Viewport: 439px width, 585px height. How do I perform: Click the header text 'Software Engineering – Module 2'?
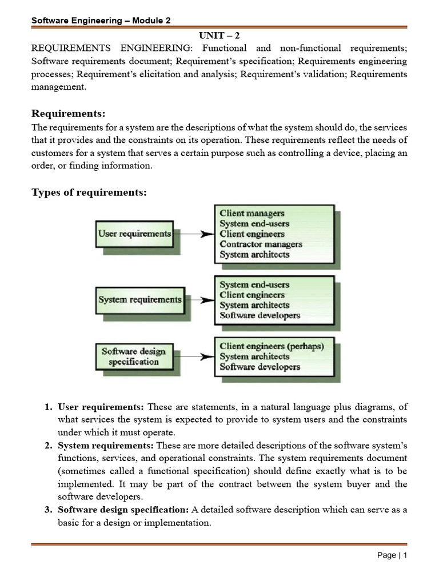101,21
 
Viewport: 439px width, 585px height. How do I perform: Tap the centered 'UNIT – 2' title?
219,35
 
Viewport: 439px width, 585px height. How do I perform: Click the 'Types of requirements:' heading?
89,193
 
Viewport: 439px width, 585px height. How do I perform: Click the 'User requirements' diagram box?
134,234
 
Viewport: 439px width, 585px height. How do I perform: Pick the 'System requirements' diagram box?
140,299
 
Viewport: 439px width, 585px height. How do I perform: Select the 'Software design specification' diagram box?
130,356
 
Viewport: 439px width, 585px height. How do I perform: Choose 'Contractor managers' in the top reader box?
261,245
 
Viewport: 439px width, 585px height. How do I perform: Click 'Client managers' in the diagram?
252,214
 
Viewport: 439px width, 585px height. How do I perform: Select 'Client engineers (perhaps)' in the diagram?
272,346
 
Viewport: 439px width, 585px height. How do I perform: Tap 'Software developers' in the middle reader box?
260,315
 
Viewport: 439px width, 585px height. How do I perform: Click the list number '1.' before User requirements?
49,407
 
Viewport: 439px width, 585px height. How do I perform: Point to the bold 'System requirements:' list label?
106,445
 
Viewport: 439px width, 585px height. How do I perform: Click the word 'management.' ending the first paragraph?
58,87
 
